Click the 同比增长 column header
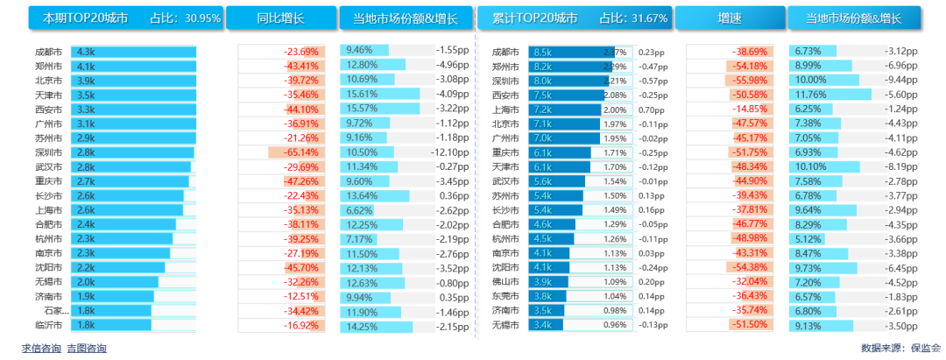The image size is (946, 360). coord(280,18)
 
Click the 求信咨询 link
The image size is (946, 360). coord(41,349)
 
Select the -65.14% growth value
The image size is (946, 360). coord(300,152)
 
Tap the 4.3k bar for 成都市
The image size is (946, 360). coord(133,53)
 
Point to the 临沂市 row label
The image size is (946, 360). coord(50,325)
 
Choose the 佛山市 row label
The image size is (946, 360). coord(505,282)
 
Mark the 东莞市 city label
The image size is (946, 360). coord(505,296)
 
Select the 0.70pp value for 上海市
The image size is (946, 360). coord(651,109)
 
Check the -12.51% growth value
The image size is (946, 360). coord(301,296)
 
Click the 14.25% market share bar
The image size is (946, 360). coord(377,325)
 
